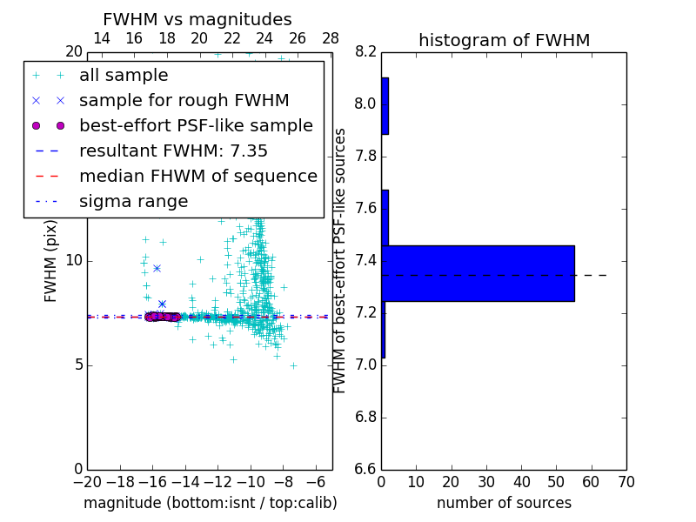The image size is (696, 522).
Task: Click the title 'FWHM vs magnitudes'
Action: pos(197,20)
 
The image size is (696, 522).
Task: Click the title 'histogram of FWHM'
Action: pos(504,40)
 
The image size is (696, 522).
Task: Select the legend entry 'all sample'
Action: pos(124,76)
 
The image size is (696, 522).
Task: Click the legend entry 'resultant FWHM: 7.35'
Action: pos(173,151)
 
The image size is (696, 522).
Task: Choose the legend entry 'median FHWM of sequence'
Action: pos(197,177)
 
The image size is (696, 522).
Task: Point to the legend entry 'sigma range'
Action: pos(133,202)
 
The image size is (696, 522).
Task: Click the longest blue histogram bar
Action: pos(478,273)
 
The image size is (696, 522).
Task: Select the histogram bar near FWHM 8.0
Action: pos(385,105)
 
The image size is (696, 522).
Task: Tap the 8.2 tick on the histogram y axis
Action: pos(365,52)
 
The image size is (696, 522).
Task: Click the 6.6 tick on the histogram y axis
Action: pos(365,469)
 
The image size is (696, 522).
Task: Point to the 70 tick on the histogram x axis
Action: pos(626,482)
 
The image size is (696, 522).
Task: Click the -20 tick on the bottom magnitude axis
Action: pos(87,482)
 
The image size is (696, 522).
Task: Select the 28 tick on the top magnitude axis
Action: pos(331,38)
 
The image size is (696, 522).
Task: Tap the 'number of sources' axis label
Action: pos(504,503)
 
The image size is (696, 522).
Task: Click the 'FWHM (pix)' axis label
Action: pos(51,261)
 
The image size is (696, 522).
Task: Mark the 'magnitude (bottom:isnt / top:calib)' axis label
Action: pos(210,503)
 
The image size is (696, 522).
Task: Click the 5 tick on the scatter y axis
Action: pos(77,365)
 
